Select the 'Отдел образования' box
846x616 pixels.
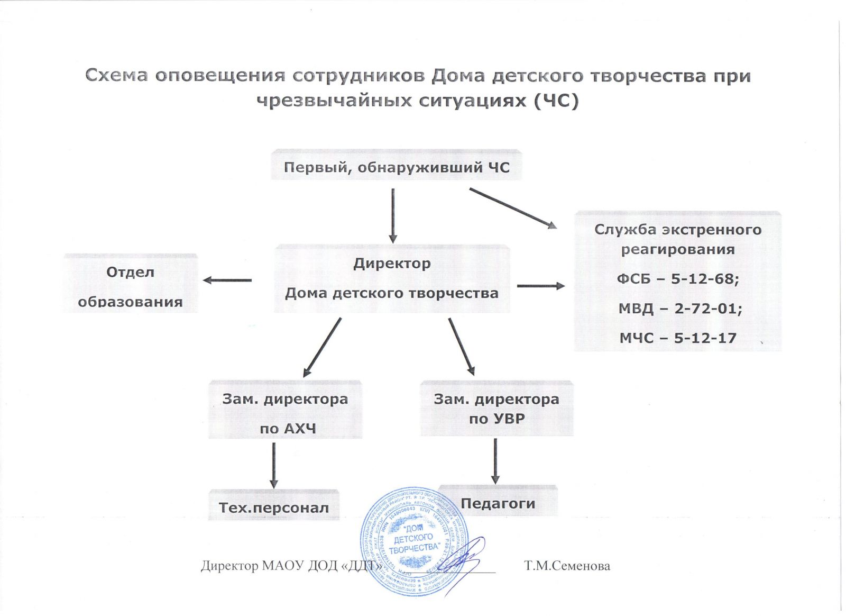click(130, 286)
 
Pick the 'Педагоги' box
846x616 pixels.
click(498, 502)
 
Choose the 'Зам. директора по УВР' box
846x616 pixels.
click(496, 409)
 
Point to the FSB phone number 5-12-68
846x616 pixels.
click(705, 278)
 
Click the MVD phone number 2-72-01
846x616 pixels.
click(708, 308)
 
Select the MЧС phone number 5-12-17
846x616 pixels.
click(705, 338)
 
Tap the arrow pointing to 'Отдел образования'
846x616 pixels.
click(227, 280)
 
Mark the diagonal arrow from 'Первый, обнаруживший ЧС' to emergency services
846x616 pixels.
click(513, 208)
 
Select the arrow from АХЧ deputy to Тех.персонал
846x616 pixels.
click(274, 465)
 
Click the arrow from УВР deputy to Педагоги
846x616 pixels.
click(495, 461)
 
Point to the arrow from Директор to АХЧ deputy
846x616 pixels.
click(322, 347)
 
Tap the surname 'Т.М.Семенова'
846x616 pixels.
click(567, 566)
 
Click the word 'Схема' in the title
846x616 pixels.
click(116, 76)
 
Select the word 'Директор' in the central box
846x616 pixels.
click(392, 263)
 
